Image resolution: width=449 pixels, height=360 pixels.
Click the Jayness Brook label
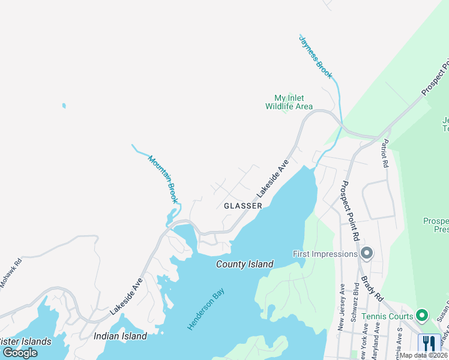316,56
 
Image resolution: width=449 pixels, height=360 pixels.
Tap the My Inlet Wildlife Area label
289,102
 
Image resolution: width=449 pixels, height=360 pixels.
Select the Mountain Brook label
163,179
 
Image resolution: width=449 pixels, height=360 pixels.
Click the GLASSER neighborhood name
243,205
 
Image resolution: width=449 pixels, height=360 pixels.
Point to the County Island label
245,264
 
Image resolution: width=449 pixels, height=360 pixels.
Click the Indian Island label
120,336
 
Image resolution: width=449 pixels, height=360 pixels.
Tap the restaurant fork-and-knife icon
429,343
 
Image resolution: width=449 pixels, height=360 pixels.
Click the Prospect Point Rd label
348,211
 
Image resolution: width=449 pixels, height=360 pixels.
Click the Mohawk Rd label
10,272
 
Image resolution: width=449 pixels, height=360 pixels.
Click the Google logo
20,353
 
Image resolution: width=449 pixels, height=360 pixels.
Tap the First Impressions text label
325,254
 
